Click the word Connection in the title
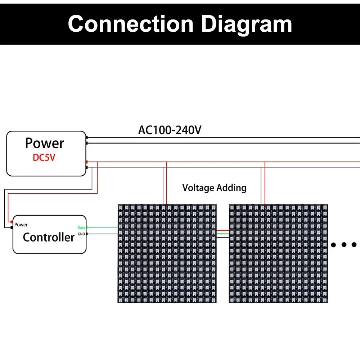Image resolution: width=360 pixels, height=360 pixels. point(131,24)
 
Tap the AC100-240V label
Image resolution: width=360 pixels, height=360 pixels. point(170,130)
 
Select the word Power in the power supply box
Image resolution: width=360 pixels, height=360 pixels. point(45,143)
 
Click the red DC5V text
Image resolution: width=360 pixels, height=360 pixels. point(44,158)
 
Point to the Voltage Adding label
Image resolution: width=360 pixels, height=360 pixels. point(214,188)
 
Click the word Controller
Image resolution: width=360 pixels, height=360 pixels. point(49,237)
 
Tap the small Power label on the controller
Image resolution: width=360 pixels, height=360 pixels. point(21,225)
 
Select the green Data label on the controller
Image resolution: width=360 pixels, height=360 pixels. point(81,228)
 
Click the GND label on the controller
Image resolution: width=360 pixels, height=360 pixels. point(81,234)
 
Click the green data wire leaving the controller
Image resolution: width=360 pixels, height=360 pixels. point(103,227)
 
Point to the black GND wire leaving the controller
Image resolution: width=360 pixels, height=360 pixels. point(103,234)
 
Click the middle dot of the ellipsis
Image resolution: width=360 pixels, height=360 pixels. point(344,245)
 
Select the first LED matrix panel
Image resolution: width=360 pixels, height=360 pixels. point(167,253)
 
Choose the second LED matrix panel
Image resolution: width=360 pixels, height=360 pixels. point(279,253)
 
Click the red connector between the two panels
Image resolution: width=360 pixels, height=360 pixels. point(223,231)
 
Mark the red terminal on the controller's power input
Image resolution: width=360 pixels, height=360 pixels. point(12,222)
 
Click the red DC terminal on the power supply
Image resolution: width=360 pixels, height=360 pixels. point(87,162)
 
